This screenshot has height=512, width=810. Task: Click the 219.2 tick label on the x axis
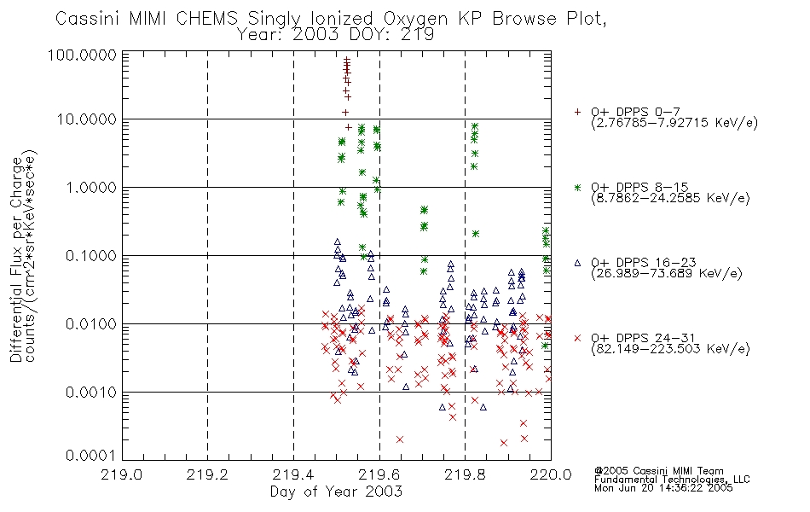click(207, 474)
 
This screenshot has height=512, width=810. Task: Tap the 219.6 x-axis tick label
click(379, 474)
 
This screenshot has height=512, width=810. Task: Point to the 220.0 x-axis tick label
click(551, 474)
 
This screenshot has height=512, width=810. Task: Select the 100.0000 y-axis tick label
click(82, 55)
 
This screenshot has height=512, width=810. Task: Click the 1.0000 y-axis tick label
click(91, 187)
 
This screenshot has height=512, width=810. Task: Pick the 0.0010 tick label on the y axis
click(91, 393)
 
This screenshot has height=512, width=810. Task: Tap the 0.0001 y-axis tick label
click(91, 456)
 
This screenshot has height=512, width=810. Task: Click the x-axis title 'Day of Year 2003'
click(336, 492)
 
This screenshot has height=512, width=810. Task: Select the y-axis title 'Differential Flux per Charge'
click(16, 259)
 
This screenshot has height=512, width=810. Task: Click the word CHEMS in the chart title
click(206, 19)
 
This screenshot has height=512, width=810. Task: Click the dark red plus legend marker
click(577, 112)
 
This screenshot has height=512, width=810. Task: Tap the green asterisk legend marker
click(577, 187)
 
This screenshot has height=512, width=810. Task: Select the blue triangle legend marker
click(577, 263)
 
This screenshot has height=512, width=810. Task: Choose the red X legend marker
click(577, 338)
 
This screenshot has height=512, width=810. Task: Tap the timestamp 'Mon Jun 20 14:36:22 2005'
click(663, 488)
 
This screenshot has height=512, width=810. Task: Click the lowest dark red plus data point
click(348, 127)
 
